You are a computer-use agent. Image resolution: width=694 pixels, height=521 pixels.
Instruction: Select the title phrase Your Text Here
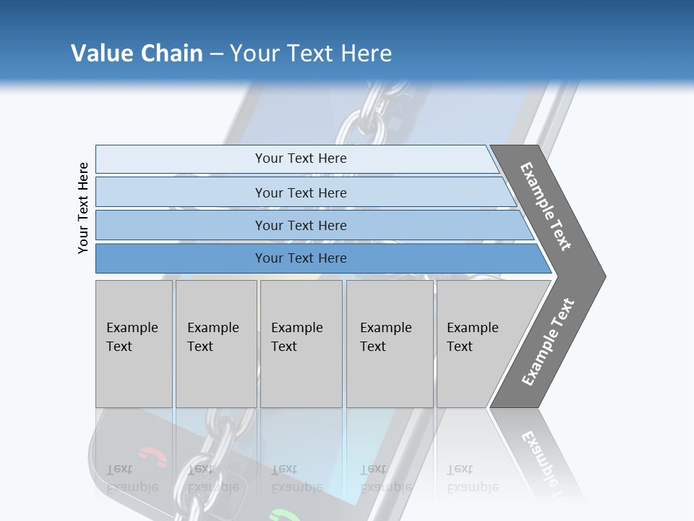tap(311, 53)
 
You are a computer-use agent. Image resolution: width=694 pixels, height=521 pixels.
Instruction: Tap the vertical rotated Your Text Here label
tap(83, 208)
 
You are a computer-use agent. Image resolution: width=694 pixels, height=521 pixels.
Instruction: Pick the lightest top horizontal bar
tap(300, 158)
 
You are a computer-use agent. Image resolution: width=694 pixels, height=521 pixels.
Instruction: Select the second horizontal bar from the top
tap(300, 192)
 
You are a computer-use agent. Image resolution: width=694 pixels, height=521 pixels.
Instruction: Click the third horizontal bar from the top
tap(300, 225)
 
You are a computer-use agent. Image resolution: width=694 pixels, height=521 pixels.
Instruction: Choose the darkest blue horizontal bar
tap(300, 258)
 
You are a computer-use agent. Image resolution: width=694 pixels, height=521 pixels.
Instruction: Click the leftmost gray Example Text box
tap(134, 344)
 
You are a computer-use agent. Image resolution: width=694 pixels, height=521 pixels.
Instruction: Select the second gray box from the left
tap(215, 344)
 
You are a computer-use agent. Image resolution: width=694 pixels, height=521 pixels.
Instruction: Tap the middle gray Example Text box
tap(301, 344)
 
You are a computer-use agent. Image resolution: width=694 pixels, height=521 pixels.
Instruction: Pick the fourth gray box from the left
tap(390, 344)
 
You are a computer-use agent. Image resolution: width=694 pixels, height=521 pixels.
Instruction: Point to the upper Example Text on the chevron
tap(547, 206)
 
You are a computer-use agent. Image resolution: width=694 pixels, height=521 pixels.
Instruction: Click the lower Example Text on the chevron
tap(548, 342)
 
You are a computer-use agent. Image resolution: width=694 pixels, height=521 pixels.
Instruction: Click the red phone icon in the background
tap(152, 456)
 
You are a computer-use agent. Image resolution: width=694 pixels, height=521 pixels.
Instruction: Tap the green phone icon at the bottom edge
tap(283, 515)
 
